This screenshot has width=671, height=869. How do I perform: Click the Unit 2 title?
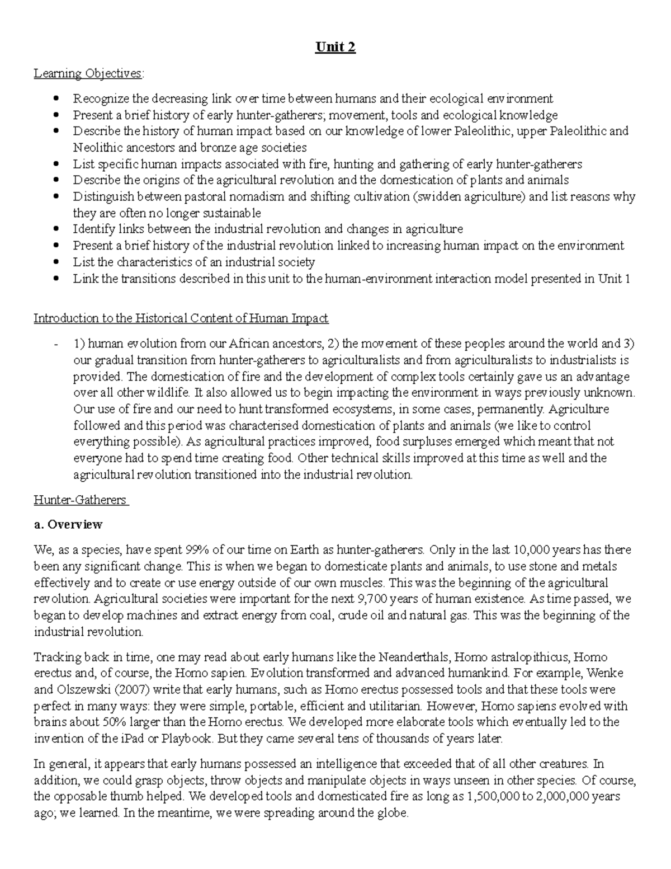pyautogui.click(x=335, y=47)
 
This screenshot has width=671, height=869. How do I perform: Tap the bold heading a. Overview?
pyautogui.click(x=68, y=524)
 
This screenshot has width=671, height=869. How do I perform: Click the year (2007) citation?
pyautogui.click(x=134, y=689)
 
